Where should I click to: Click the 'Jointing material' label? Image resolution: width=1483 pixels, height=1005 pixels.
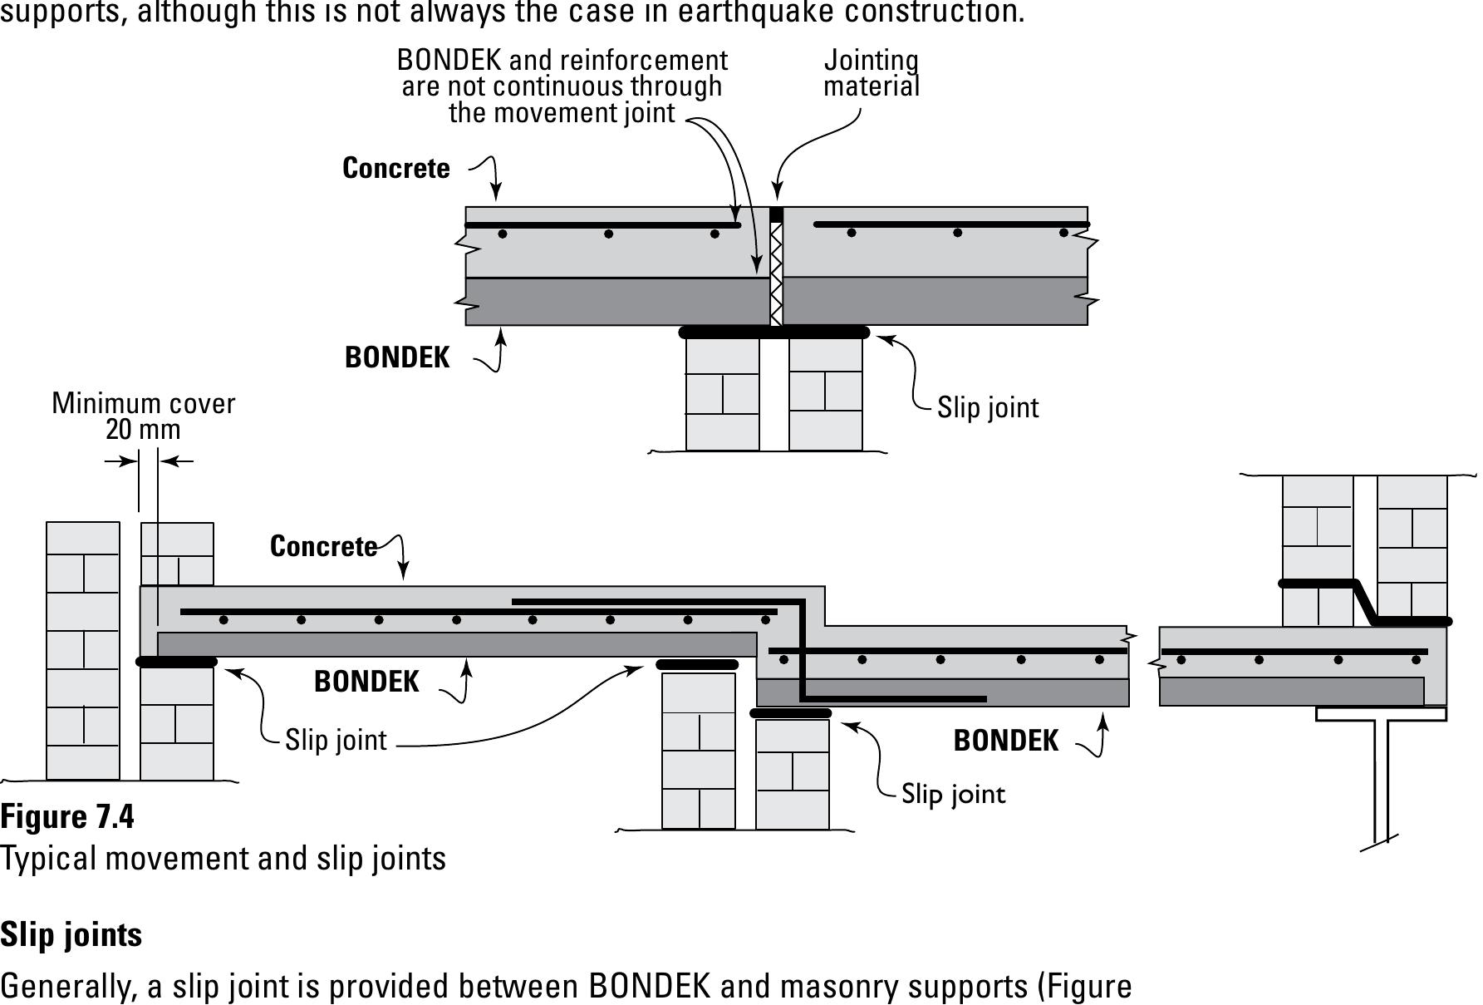point(871,73)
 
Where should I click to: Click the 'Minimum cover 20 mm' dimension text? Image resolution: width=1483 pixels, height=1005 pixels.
point(143,416)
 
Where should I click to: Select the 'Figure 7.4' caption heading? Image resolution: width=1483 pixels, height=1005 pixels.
point(66,816)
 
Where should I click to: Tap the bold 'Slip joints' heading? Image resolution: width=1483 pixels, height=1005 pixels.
point(71,934)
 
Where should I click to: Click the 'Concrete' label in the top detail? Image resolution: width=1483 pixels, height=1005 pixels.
point(395,168)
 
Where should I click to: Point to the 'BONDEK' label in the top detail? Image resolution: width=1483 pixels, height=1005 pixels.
point(396,357)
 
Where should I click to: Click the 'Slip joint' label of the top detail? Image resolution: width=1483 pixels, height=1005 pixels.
point(987,407)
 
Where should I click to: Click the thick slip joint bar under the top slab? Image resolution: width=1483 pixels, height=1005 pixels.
point(773,333)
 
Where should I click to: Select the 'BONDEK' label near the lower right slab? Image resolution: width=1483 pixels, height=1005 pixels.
point(1005,741)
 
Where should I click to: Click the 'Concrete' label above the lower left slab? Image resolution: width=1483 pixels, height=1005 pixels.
point(323,546)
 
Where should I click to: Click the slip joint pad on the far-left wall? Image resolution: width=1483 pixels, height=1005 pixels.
point(176,663)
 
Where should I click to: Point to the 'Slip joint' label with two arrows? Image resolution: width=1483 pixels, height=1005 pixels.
point(336,740)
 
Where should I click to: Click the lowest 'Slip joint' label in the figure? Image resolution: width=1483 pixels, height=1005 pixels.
point(953,794)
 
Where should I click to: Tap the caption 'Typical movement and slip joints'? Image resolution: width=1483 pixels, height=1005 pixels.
point(223,858)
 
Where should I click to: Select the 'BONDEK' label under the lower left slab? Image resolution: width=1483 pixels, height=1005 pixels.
point(366,682)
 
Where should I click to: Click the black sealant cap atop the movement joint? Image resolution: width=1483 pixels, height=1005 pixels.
point(776,214)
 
